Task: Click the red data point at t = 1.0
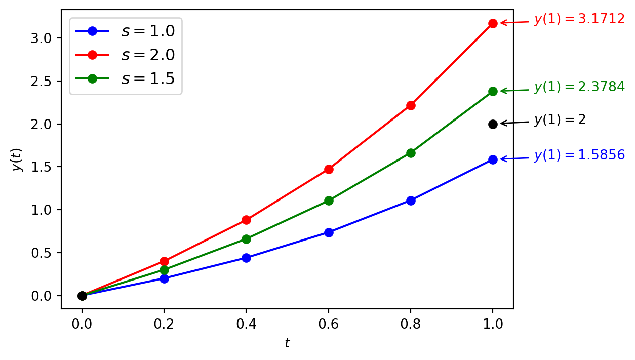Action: point(493,23)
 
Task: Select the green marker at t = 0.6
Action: point(329,201)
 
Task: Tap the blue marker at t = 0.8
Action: point(411,201)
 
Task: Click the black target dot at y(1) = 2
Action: point(493,124)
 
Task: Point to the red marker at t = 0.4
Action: point(246,220)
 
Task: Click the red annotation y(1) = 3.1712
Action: point(579,20)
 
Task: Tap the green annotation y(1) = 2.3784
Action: point(579,87)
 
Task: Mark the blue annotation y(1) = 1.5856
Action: point(579,155)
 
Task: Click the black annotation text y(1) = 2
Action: point(560,120)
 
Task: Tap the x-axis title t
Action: point(287,343)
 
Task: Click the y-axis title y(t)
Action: point(18,159)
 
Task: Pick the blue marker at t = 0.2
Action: point(164,278)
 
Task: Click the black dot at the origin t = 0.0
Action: point(82,296)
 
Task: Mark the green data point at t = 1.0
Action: point(493,91)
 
